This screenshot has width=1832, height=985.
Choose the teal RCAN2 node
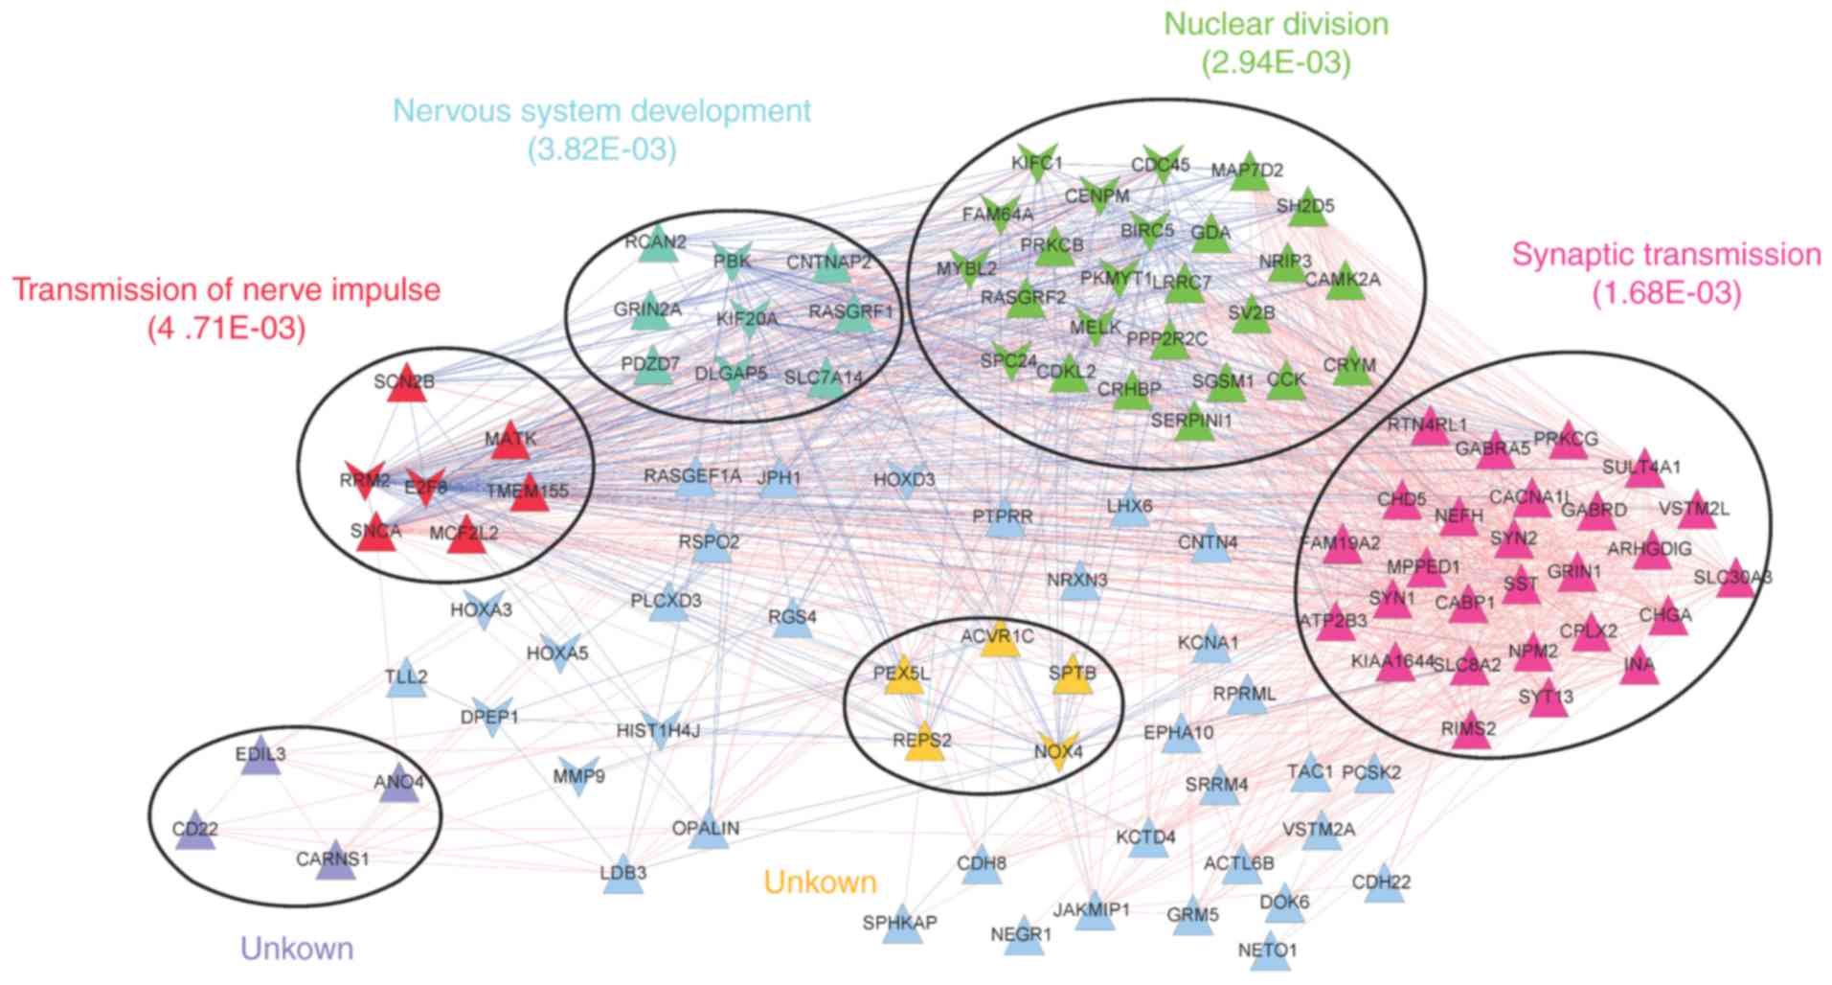point(656,244)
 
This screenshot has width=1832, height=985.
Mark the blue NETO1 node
point(1269,951)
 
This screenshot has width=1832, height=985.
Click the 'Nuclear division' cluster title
point(1276,24)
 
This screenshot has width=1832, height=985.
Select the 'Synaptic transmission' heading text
point(1666,255)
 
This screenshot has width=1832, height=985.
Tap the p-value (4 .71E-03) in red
point(227,330)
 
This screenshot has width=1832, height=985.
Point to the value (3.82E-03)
point(601,149)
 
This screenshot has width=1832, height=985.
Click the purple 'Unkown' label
point(297,949)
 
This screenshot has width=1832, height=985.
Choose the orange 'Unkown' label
point(820,882)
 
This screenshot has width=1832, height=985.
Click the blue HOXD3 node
point(904,480)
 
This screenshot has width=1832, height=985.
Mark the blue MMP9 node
point(577,775)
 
